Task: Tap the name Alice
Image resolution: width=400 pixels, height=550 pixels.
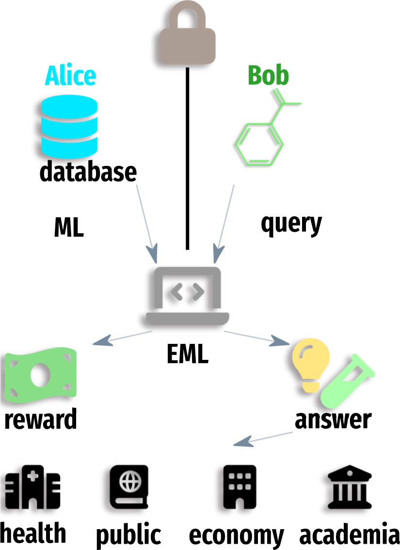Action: (x=71, y=76)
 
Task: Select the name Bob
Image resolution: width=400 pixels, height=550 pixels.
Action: (x=268, y=76)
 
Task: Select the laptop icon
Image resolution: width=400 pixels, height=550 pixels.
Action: (x=188, y=296)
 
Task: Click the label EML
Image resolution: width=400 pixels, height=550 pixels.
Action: (x=188, y=355)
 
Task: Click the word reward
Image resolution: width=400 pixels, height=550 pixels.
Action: (x=41, y=420)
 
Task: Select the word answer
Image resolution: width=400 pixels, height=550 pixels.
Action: (x=333, y=420)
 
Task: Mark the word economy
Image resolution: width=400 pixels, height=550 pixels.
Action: (x=236, y=535)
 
